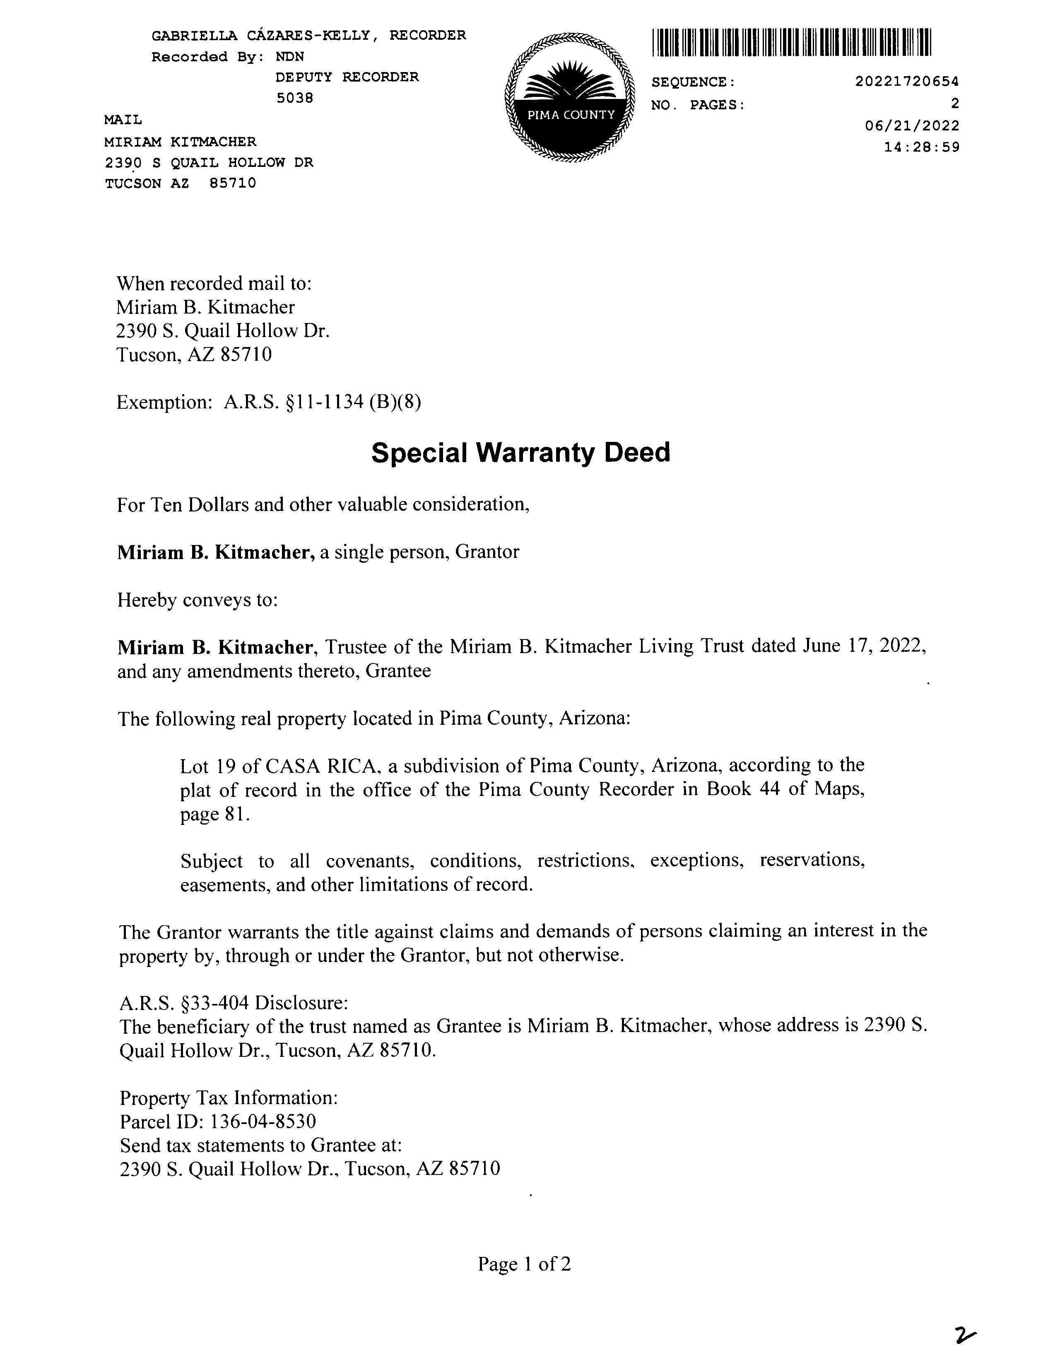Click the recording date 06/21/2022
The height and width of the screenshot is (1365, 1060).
pos(912,125)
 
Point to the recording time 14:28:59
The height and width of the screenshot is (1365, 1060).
pos(921,147)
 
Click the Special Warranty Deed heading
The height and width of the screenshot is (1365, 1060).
pos(520,453)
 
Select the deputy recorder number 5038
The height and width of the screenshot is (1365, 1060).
pos(294,98)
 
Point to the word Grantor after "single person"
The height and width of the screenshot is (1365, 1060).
pos(487,552)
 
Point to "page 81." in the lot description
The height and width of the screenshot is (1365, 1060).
pos(215,814)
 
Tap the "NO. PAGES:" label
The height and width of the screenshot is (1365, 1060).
pos(698,105)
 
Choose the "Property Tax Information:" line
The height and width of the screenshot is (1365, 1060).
pos(229,1098)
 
